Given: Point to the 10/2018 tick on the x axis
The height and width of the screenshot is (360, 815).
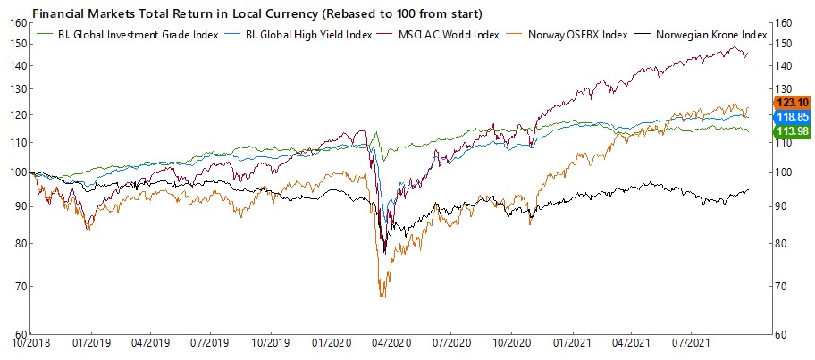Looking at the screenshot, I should (30, 342).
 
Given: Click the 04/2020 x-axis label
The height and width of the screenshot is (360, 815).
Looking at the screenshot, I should (390, 342).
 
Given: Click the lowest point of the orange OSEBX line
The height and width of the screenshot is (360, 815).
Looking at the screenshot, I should (382, 297).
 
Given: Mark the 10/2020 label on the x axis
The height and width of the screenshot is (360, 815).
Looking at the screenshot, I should (510, 342).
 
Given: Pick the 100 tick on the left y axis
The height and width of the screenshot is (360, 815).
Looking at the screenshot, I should (17, 172).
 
